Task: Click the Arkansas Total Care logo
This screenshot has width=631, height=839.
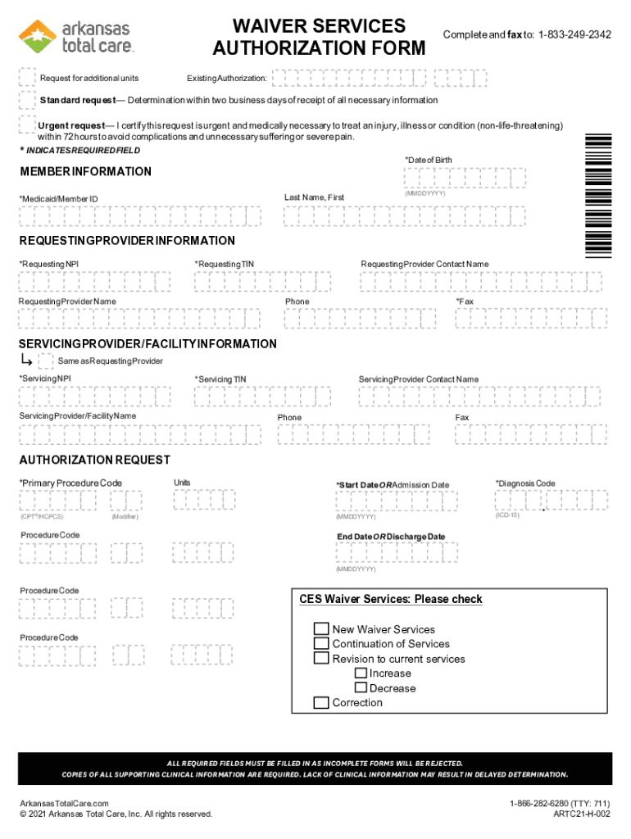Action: (x=76, y=37)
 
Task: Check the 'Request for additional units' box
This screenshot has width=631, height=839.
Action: (x=27, y=78)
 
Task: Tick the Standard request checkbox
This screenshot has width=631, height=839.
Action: (x=27, y=100)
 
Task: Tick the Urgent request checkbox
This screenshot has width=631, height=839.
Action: (x=27, y=125)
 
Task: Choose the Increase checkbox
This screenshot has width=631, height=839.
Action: (x=361, y=673)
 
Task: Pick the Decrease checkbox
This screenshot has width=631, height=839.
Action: (x=361, y=687)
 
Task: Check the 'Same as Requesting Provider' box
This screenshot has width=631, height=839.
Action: (x=46, y=361)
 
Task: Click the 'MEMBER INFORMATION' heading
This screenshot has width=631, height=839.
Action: (x=85, y=171)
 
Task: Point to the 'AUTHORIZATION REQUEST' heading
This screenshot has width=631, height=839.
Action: (x=95, y=460)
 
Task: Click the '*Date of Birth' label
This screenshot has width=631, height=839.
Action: (x=428, y=159)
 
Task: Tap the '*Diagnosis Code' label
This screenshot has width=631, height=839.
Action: (x=525, y=483)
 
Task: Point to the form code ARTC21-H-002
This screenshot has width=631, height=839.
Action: (x=582, y=814)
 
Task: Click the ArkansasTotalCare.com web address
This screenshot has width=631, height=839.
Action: (x=65, y=803)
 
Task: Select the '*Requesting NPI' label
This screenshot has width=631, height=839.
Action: (x=49, y=264)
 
